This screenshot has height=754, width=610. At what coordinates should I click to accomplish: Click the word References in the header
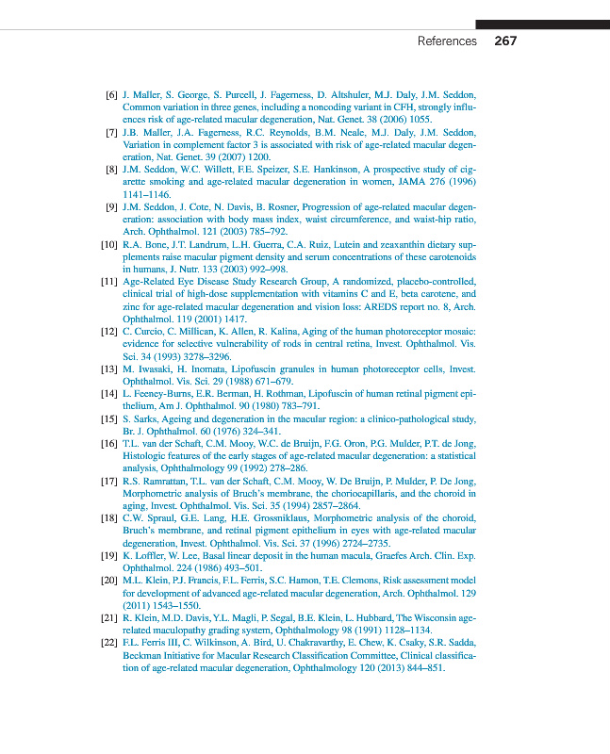[447, 41]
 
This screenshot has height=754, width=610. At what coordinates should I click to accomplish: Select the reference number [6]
[111, 96]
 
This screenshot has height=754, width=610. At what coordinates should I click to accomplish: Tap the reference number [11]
[108, 281]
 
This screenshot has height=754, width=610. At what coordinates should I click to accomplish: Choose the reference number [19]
[108, 555]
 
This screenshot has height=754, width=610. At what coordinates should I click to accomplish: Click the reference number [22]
[108, 645]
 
